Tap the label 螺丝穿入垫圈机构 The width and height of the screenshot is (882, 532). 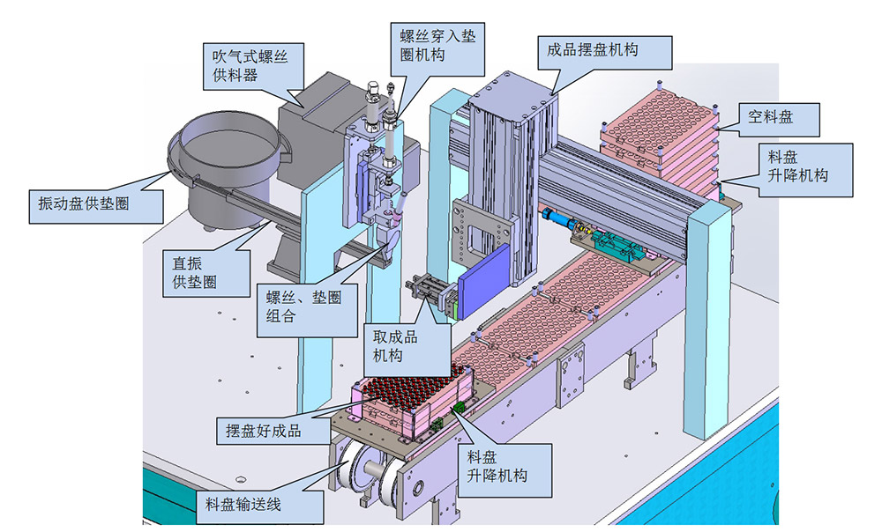437,44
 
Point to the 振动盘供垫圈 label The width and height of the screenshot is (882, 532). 85,203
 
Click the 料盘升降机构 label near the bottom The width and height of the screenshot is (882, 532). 500,466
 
